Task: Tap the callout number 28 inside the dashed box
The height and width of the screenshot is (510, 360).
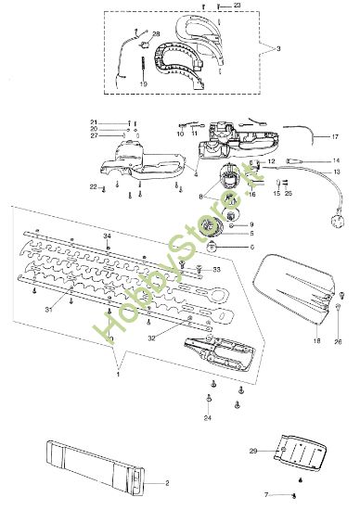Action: [156, 34]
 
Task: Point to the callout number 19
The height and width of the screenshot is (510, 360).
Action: [143, 84]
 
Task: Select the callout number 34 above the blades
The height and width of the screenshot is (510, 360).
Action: [109, 237]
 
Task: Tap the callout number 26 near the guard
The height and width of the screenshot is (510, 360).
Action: [339, 342]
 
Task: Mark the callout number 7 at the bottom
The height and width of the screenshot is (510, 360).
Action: [266, 497]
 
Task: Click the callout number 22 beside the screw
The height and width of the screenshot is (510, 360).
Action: [94, 187]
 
